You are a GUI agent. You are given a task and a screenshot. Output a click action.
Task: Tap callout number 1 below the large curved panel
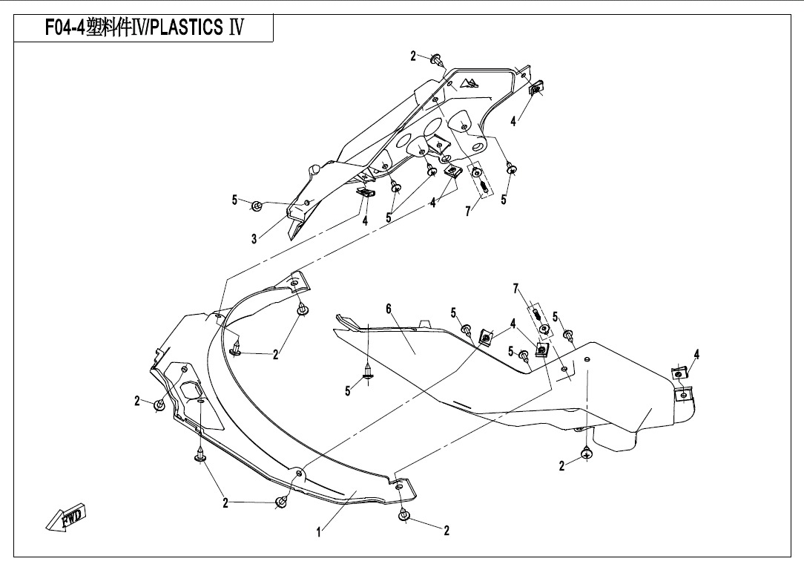coord(319,531)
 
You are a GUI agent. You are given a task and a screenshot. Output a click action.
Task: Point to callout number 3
coord(254,239)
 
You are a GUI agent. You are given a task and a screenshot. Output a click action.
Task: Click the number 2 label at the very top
coord(414,56)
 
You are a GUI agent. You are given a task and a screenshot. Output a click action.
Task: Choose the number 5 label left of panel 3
coord(234,200)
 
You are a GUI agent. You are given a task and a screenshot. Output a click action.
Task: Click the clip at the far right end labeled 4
coord(679,373)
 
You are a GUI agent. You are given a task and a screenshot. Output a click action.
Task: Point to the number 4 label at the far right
coord(696,355)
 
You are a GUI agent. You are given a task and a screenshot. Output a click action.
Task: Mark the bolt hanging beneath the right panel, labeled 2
coord(586,452)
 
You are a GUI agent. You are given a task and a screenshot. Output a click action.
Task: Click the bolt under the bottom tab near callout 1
coord(403,515)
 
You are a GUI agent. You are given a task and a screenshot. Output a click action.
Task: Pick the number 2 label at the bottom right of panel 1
coord(447,531)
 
